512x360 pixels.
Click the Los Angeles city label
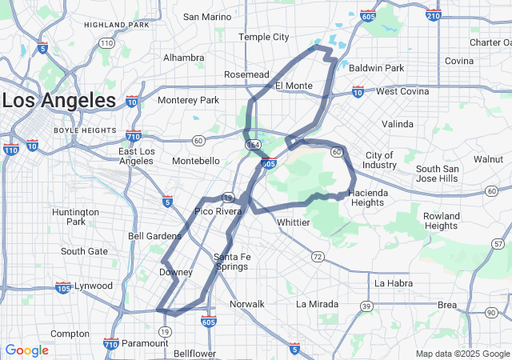pyautogui.click(x=60, y=101)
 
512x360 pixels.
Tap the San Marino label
pyautogui.click(x=207, y=17)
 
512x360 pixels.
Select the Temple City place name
pyautogui.click(x=264, y=37)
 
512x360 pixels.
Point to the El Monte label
pyautogui.click(x=293, y=86)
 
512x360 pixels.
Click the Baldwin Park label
pyautogui.click(x=376, y=68)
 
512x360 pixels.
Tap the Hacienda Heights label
pyautogui.click(x=368, y=198)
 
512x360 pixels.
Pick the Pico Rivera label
pyautogui.click(x=218, y=212)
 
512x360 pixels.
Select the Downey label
pyautogui.click(x=176, y=272)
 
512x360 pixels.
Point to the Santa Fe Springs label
pyautogui.click(x=231, y=262)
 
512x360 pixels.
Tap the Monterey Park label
pyautogui.click(x=188, y=100)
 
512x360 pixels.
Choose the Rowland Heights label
pyautogui.click(x=442, y=221)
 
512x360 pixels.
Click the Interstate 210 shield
pyautogui.click(x=433, y=15)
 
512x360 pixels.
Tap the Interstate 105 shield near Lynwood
pyautogui.click(x=63, y=286)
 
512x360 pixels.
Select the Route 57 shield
pyautogui.click(x=498, y=243)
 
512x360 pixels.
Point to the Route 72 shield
pyautogui.click(x=318, y=256)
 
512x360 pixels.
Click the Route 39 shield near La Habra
pyautogui.click(x=366, y=306)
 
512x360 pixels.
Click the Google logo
pyautogui.click(x=26, y=350)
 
